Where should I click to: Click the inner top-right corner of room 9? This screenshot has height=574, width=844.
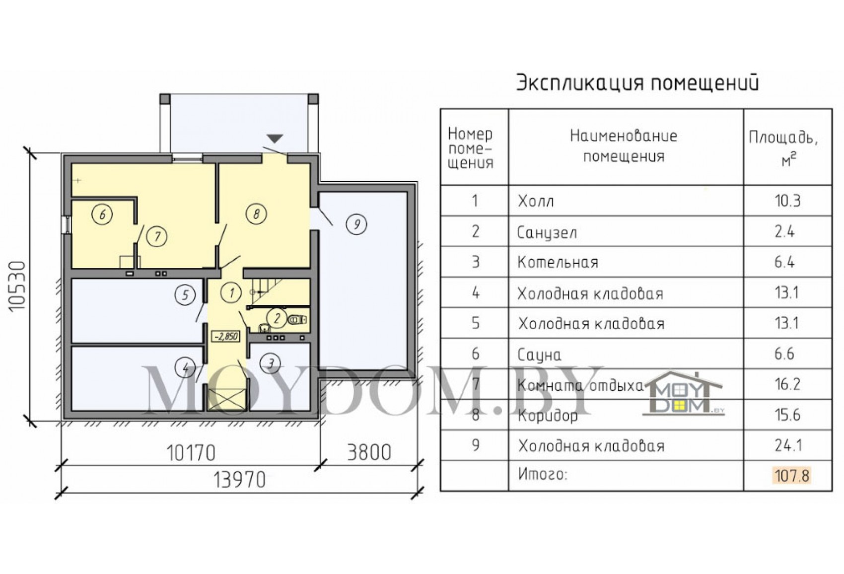(406, 193)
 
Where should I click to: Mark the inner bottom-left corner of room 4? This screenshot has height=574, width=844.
(72, 410)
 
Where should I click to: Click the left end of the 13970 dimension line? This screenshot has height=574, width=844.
(61, 493)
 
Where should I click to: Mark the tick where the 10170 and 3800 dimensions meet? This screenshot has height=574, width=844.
(321, 466)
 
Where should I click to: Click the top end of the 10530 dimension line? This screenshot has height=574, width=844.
(30, 152)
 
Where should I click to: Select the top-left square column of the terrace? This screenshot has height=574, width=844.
(165, 99)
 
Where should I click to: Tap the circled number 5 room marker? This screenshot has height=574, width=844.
(185, 295)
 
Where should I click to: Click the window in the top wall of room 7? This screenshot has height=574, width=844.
(188, 158)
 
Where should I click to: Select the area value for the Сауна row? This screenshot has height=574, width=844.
(784, 354)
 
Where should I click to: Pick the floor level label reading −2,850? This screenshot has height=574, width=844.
(226, 336)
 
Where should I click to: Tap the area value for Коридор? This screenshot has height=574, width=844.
(787, 415)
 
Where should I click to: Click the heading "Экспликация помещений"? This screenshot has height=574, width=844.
(637, 83)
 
